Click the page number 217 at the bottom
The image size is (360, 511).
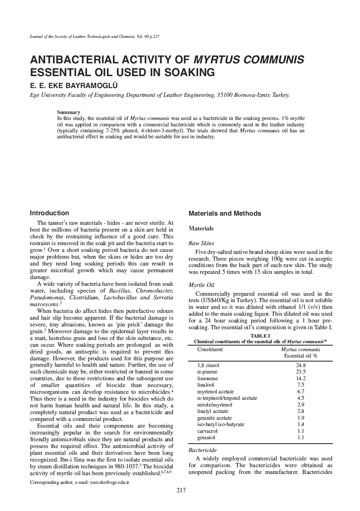(181, 490)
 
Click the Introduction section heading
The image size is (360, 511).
(49, 213)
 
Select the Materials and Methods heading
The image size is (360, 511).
(225, 214)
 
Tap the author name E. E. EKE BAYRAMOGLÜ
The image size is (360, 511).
(74, 85)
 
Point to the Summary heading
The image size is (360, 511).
(69, 112)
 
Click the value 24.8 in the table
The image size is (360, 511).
(301, 365)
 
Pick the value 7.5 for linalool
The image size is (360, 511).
(301, 385)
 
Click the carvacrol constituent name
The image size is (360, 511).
(207, 431)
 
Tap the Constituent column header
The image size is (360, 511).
(210, 350)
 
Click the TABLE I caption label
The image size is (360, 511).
(260, 336)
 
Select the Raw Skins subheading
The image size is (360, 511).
(201, 243)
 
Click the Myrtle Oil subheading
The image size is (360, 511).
(202, 285)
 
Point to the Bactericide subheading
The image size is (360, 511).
(203, 450)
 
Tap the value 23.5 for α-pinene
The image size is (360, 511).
(301, 371)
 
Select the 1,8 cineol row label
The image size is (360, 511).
(209, 365)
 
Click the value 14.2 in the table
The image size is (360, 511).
(301, 378)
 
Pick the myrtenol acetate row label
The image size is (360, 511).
(216, 391)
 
